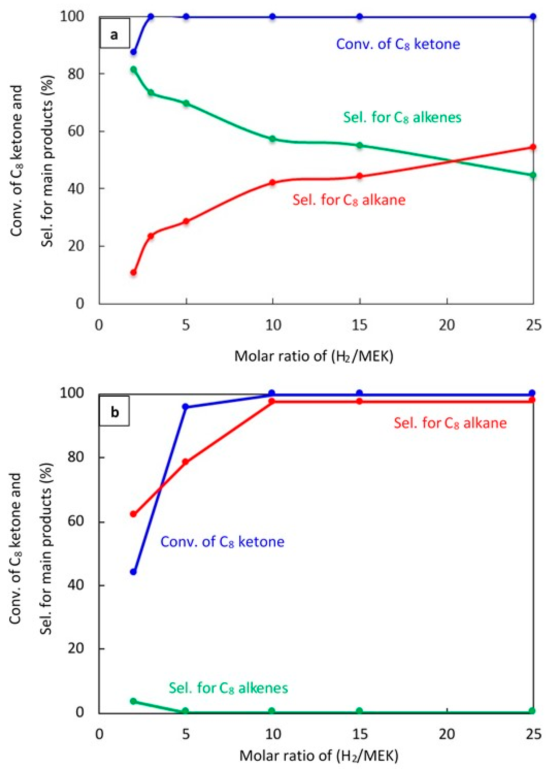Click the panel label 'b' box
115,413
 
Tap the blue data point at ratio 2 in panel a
133,52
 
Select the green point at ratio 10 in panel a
273,139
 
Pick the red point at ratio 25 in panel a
533,147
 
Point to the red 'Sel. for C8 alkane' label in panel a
349,200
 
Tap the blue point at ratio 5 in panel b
186,407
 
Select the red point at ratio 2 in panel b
133,514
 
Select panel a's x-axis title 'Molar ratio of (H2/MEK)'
314,356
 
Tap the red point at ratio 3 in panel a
151,236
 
